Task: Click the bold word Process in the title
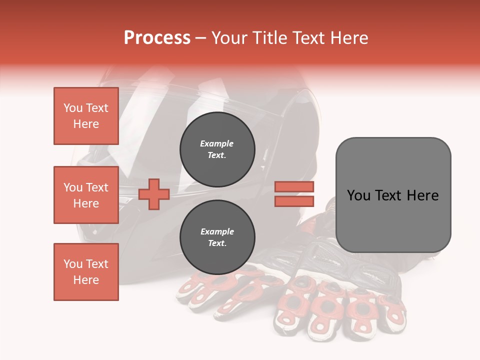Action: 157,38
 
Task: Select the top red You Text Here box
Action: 86,116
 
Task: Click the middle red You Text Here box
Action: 86,195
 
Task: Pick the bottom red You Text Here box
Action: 86,272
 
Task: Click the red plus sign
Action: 154,194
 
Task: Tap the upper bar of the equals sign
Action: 294,186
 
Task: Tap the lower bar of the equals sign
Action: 294,201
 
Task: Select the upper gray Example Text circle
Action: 217,149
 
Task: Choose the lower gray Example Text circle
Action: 217,237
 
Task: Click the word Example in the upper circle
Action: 216,143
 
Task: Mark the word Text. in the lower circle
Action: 217,243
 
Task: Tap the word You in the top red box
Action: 73,108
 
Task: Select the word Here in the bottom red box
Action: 86,280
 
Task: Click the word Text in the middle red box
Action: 97,187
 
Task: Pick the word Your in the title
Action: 229,38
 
